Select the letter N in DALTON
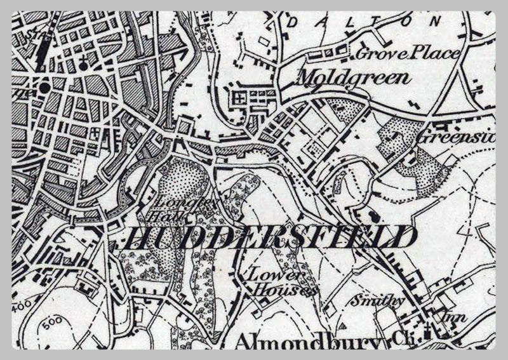(435, 21)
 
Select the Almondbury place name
(310, 343)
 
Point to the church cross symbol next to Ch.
(427, 330)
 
